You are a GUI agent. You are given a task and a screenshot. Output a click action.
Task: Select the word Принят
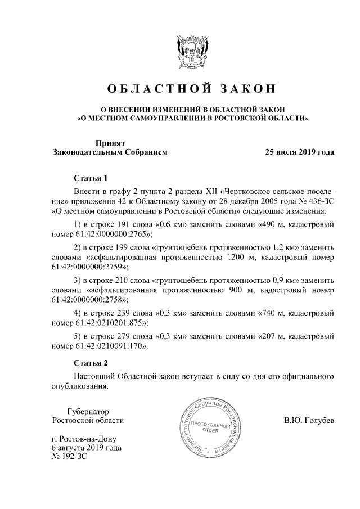[x=110, y=143]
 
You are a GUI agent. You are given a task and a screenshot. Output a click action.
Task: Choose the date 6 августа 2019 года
[x=85, y=448]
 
